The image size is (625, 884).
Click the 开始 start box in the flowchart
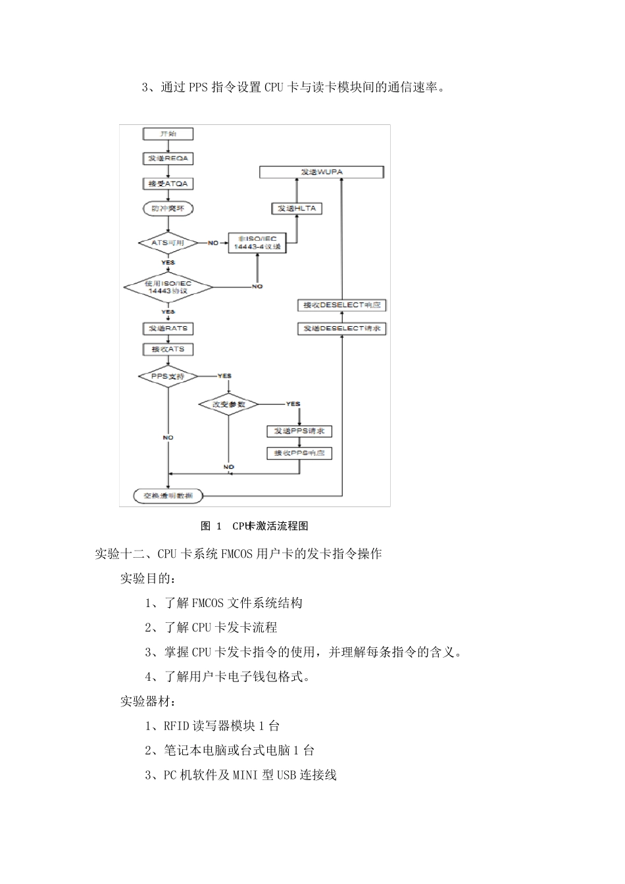click(x=168, y=134)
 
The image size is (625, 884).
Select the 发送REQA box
click(x=168, y=159)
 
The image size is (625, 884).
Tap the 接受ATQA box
click(x=168, y=184)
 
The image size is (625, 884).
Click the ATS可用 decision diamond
click(x=168, y=243)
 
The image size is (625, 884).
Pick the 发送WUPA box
click(x=321, y=172)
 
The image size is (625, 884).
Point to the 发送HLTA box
click(x=296, y=209)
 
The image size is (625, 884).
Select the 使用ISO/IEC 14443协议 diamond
click(x=168, y=287)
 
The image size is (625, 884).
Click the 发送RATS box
click(x=168, y=328)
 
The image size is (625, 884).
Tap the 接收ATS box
click(x=168, y=349)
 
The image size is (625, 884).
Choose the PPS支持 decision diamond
click(x=168, y=376)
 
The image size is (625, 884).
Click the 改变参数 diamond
click(x=228, y=404)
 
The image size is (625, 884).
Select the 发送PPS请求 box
click(x=299, y=431)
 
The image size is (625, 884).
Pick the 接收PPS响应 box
click(x=299, y=453)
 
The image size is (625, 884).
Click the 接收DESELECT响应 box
click(x=341, y=305)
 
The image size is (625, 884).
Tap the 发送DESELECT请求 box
click(x=341, y=328)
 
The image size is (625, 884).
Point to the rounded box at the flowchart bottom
click(x=168, y=496)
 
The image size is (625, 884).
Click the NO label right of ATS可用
click(x=213, y=243)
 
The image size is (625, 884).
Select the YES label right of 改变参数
click(x=293, y=404)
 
